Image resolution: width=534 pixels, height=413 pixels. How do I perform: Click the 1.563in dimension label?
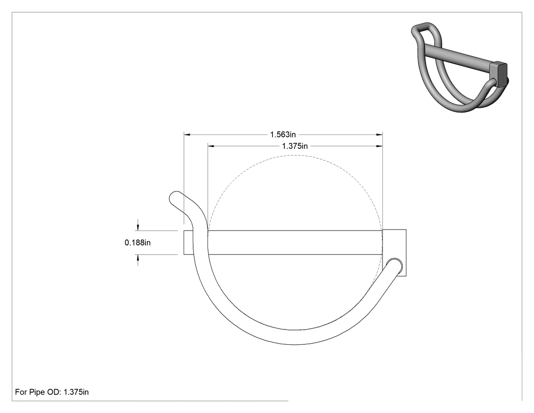[283, 134]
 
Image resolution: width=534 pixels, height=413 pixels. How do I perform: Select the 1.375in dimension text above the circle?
[294, 146]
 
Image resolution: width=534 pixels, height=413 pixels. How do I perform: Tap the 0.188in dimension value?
[138, 242]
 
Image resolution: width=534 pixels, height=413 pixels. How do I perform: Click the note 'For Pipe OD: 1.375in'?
[52, 392]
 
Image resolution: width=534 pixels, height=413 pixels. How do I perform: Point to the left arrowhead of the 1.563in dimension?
[187, 135]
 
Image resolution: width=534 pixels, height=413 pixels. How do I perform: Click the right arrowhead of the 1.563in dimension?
[379, 135]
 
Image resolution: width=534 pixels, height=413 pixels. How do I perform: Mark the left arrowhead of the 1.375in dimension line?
[211, 146]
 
